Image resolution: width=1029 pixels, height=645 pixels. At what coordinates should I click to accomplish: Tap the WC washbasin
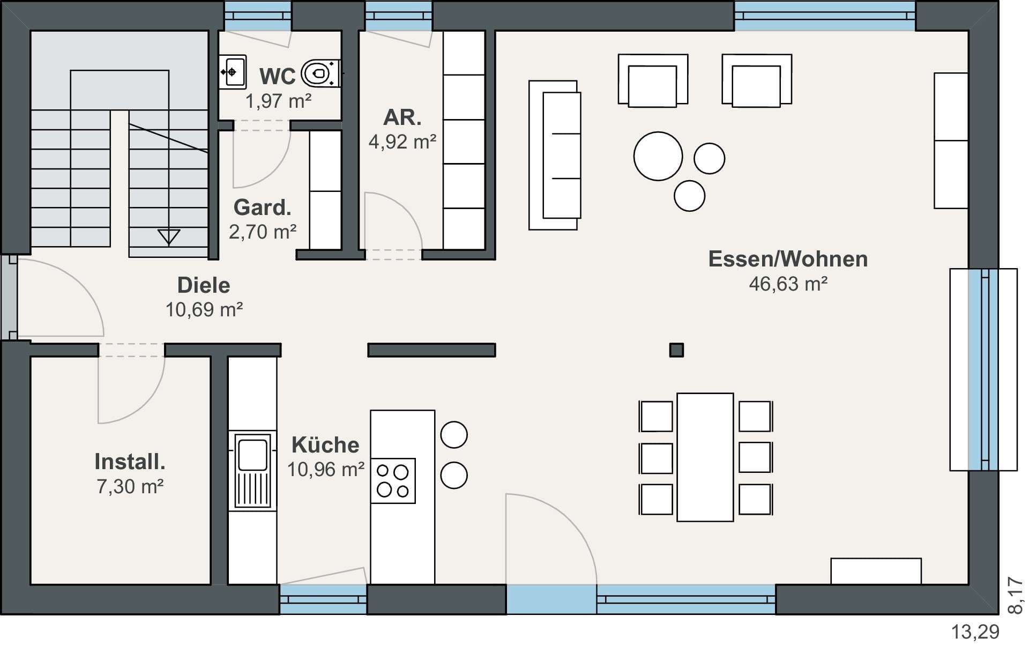point(233,72)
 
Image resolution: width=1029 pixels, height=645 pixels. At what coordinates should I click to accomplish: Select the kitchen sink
point(252,471)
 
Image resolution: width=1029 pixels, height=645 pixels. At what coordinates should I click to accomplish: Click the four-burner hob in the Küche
point(393,480)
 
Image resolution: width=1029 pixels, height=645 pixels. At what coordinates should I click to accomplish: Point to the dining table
point(705,457)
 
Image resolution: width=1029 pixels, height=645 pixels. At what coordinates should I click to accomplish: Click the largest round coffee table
point(658,156)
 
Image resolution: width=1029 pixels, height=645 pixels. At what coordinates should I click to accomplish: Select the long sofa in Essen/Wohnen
point(555,155)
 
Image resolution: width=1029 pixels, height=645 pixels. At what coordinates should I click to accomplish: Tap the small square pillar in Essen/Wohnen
point(676,350)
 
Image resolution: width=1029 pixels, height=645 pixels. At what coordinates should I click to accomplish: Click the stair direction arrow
point(168,236)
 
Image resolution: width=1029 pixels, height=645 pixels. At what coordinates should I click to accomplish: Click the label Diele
point(204,285)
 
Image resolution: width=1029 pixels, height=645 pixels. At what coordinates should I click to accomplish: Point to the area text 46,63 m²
point(788,283)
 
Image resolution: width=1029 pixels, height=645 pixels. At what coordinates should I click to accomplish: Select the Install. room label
point(130,461)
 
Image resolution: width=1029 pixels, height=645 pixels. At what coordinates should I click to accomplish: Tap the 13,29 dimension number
point(975,632)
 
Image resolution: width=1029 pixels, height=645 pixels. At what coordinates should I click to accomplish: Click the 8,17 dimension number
point(1015,595)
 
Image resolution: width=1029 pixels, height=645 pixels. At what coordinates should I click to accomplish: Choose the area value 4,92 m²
point(402,142)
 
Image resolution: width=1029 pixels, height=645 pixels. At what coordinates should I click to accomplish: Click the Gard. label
point(262,207)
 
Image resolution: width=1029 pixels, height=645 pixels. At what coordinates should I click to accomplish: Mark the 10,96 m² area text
point(326,470)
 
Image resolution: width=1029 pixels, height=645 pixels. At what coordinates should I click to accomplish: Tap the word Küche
point(325,444)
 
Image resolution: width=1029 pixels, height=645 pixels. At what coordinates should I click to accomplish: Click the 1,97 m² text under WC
point(278,101)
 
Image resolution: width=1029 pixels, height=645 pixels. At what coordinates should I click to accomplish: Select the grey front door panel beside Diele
point(9,297)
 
